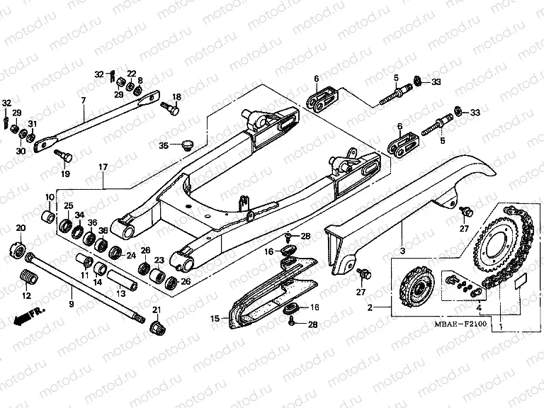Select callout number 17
click(103, 167)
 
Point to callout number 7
click(83, 101)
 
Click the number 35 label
click(164, 146)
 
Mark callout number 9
click(70, 304)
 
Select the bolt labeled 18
click(171, 109)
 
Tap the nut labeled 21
click(157, 328)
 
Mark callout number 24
click(130, 255)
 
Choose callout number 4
click(480, 309)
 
